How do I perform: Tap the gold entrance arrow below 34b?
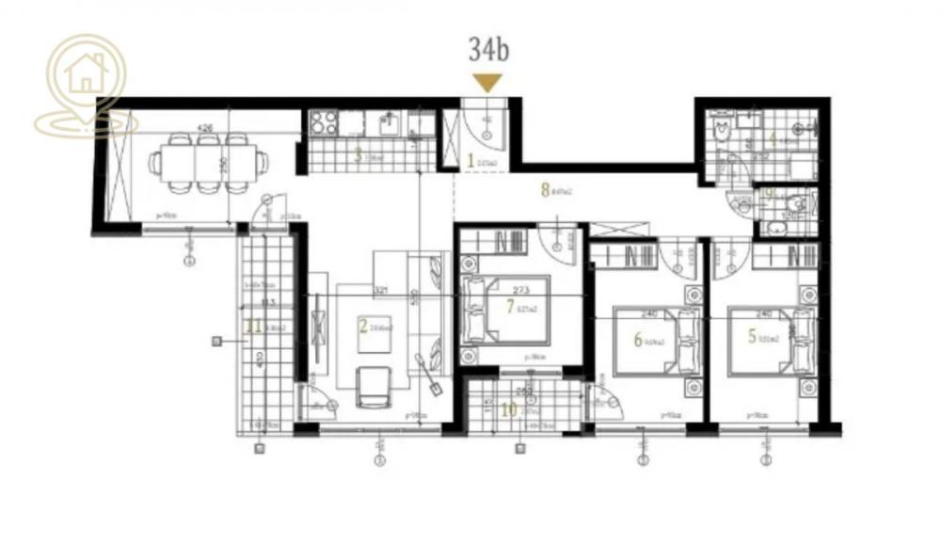point(486,83)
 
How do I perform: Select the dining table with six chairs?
point(208,162)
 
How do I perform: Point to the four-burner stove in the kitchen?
point(325,122)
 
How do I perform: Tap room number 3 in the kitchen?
point(358,156)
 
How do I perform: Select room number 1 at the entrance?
point(470,161)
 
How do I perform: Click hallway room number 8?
point(545,189)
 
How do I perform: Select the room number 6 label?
point(638,340)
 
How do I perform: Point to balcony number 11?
point(250,327)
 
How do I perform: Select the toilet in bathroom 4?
point(723,131)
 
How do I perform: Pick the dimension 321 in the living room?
point(381,290)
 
